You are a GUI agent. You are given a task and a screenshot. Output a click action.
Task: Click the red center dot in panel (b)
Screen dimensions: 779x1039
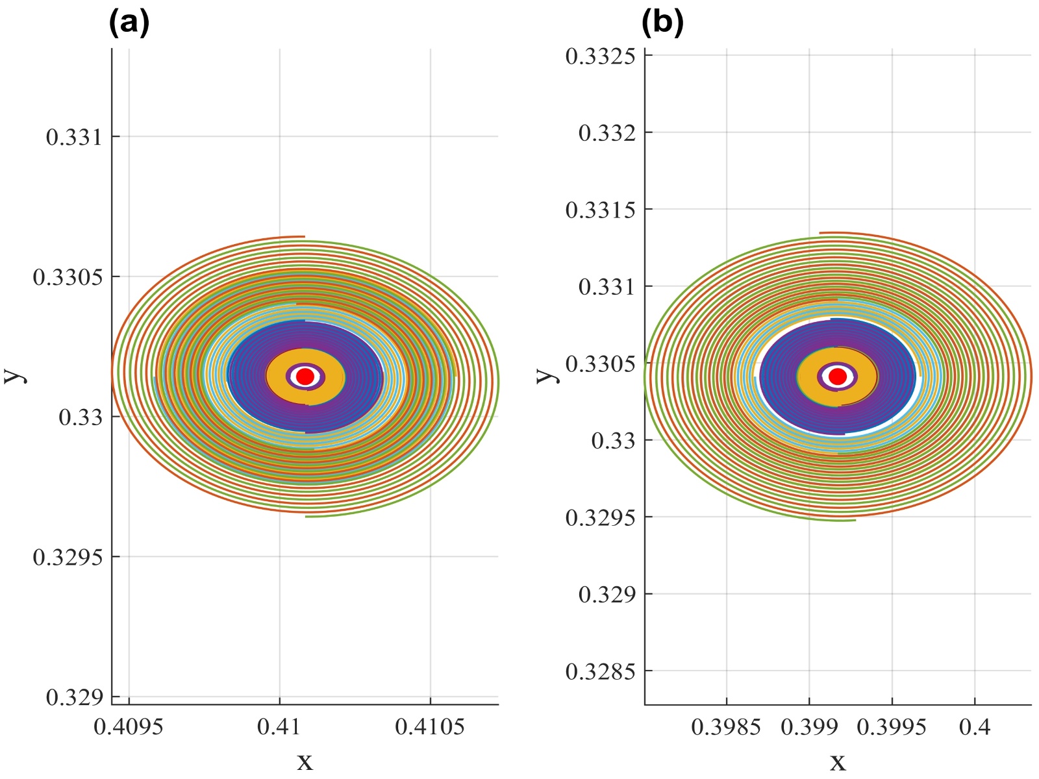[838, 377]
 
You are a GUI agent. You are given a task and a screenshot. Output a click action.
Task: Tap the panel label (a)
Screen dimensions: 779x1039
[129, 23]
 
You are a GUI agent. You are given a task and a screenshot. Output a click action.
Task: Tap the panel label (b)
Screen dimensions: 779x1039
[662, 23]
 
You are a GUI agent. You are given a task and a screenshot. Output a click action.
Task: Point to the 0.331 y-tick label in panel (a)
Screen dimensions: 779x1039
[74, 137]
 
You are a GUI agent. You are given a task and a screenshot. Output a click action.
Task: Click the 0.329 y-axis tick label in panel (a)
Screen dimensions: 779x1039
[74, 697]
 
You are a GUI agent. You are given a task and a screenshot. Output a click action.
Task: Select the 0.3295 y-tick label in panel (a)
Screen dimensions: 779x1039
[68, 557]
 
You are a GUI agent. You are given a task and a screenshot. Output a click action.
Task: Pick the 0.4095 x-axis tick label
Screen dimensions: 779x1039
[129, 727]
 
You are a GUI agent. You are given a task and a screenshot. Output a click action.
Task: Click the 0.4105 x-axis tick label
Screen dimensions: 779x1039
[430, 727]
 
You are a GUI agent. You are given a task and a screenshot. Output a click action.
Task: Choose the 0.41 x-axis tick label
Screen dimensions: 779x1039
[279, 727]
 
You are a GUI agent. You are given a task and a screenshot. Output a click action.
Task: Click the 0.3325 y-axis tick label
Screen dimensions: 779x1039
[600, 56]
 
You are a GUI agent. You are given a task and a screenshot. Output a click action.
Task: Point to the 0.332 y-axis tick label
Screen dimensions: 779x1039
[607, 133]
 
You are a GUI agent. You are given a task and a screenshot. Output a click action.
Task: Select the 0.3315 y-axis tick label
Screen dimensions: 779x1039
[600, 210]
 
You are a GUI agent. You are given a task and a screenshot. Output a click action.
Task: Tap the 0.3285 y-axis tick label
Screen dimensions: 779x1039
[600, 671]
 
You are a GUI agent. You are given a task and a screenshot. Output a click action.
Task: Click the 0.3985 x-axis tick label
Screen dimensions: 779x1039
[726, 727]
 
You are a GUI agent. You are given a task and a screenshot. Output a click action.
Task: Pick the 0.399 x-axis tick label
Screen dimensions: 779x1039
[809, 727]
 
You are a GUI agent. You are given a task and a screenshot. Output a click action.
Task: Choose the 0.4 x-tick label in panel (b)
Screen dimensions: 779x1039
[975, 727]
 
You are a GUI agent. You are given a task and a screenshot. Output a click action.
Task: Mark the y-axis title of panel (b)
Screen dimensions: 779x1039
[546, 376]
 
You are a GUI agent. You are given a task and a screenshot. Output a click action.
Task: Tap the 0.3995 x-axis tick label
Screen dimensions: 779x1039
[892, 727]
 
